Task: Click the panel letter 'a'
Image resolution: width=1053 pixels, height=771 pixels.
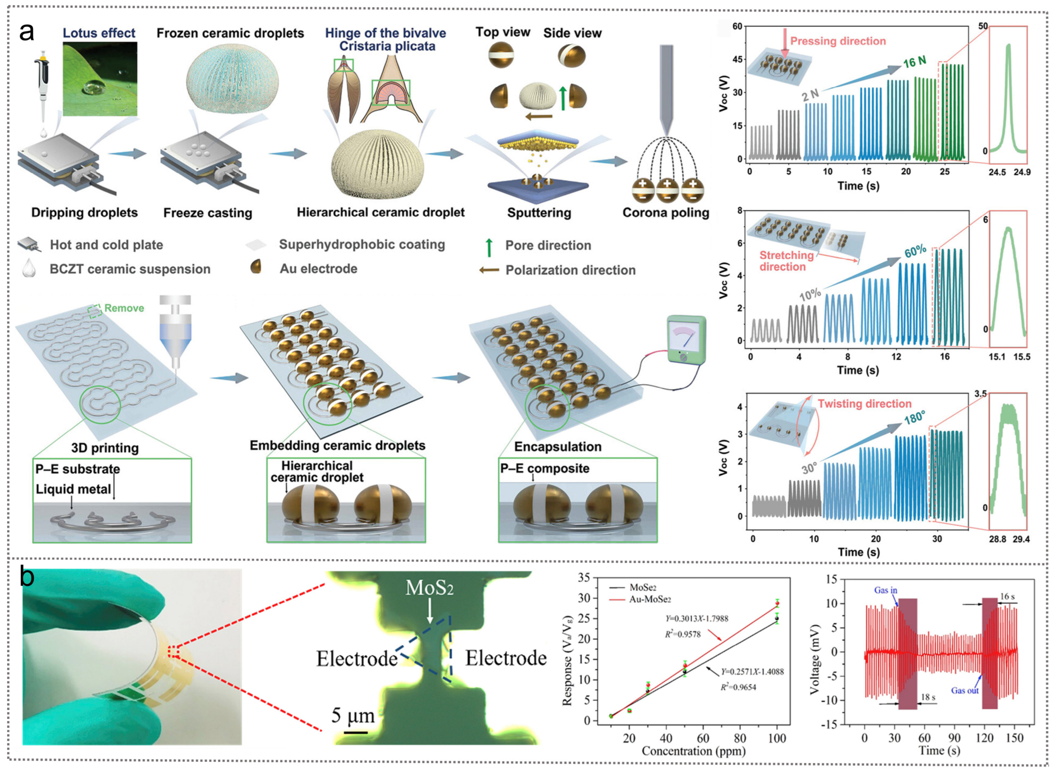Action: (26, 33)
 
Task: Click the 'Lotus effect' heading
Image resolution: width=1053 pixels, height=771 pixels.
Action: (99, 33)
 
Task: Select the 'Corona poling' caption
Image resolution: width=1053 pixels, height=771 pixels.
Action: (666, 213)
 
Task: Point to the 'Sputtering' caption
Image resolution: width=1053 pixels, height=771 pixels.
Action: (539, 213)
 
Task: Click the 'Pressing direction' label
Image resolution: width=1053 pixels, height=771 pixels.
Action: (838, 41)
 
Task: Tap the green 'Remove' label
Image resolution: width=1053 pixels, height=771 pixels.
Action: (124, 308)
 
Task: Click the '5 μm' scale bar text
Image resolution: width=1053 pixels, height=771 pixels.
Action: (353, 715)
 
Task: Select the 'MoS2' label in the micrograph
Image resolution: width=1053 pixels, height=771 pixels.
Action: (429, 588)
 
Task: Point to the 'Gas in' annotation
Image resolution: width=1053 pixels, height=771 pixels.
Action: (885, 590)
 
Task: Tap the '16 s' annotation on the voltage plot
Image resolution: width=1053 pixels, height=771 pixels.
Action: (1007, 596)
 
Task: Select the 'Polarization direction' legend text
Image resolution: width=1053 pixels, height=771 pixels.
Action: (570, 270)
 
